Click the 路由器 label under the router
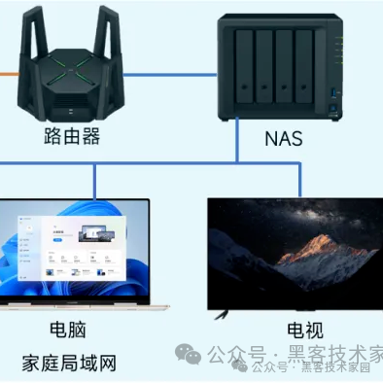73,135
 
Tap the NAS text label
283,138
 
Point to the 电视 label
304,331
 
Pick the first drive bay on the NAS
243,64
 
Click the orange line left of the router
8,72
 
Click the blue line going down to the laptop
93,180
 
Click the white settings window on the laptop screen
82,244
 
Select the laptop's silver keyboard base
78,305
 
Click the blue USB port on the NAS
335,93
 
